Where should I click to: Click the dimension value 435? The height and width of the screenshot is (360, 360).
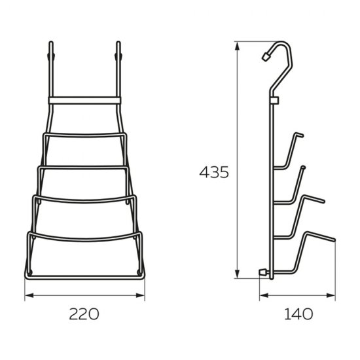[x=214, y=172]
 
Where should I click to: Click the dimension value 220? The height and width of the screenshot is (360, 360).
[x=84, y=314]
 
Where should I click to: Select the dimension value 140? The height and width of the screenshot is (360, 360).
[x=298, y=314]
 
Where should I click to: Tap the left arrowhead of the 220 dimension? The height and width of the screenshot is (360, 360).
[x=29, y=295]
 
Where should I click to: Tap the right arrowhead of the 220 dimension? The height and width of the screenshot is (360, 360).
[x=140, y=295]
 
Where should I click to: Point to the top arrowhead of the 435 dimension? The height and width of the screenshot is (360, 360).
[x=238, y=46]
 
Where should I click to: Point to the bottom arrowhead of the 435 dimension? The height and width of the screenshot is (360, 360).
[x=238, y=274]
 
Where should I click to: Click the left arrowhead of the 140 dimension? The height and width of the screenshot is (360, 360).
[x=264, y=295]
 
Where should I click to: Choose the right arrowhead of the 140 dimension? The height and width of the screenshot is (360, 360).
[x=331, y=295]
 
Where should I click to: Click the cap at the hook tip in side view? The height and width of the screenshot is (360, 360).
[x=266, y=56]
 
